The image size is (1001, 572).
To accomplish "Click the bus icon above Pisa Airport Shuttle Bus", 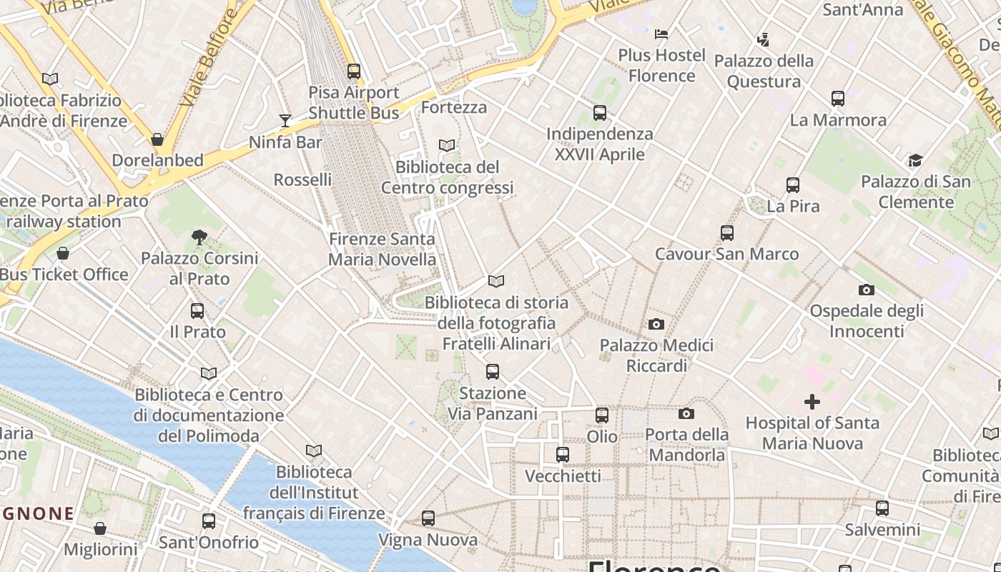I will pyautogui.click(x=354, y=71).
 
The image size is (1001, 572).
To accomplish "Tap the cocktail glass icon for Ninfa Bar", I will pyautogui.click(x=285, y=120).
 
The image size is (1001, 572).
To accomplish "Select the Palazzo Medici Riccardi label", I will pyautogui.click(x=656, y=355).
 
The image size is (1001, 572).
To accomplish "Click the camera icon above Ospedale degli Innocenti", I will pyautogui.click(x=867, y=290).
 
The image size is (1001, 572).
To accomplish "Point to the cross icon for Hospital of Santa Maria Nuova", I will pyautogui.click(x=812, y=402).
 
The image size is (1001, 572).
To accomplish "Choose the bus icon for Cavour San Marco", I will pyautogui.click(x=727, y=233).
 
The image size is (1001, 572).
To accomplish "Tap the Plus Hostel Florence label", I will pyautogui.click(x=661, y=65).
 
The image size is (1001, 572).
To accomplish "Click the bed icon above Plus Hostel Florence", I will pyautogui.click(x=661, y=34).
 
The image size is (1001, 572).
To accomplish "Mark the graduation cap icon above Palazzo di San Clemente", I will pyautogui.click(x=915, y=160).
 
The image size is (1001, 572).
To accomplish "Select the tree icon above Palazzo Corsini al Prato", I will pyautogui.click(x=199, y=237).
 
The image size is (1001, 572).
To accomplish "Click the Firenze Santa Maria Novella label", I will pyautogui.click(x=382, y=249).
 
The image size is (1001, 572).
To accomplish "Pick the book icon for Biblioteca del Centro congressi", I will pyautogui.click(x=447, y=146).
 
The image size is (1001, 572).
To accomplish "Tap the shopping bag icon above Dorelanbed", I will pyautogui.click(x=157, y=139).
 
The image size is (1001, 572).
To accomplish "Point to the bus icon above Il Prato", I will pyautogui.click(x=197, y=311).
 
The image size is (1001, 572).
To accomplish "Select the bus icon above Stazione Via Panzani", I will pyautogui.click(x=493, y=372).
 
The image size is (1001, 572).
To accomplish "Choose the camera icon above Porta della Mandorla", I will pyautogui.click(x=686, y=413).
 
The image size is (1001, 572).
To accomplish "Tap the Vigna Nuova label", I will pyautogui.click(x=428, y=540).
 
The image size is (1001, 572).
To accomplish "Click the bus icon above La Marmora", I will pyautogui.click(x=838, y=99).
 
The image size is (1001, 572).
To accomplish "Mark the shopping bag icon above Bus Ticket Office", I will pyautogui.click(x=63, y=253).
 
